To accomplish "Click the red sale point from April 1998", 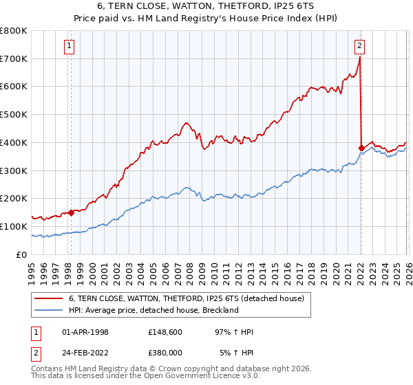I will (x=71, y=212).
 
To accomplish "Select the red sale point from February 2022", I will (x=361, y=147).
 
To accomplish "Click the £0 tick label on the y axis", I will (x=22, y=254).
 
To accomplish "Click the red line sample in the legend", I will (x=49, y=298).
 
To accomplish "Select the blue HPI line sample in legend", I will (x=49, y=310).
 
